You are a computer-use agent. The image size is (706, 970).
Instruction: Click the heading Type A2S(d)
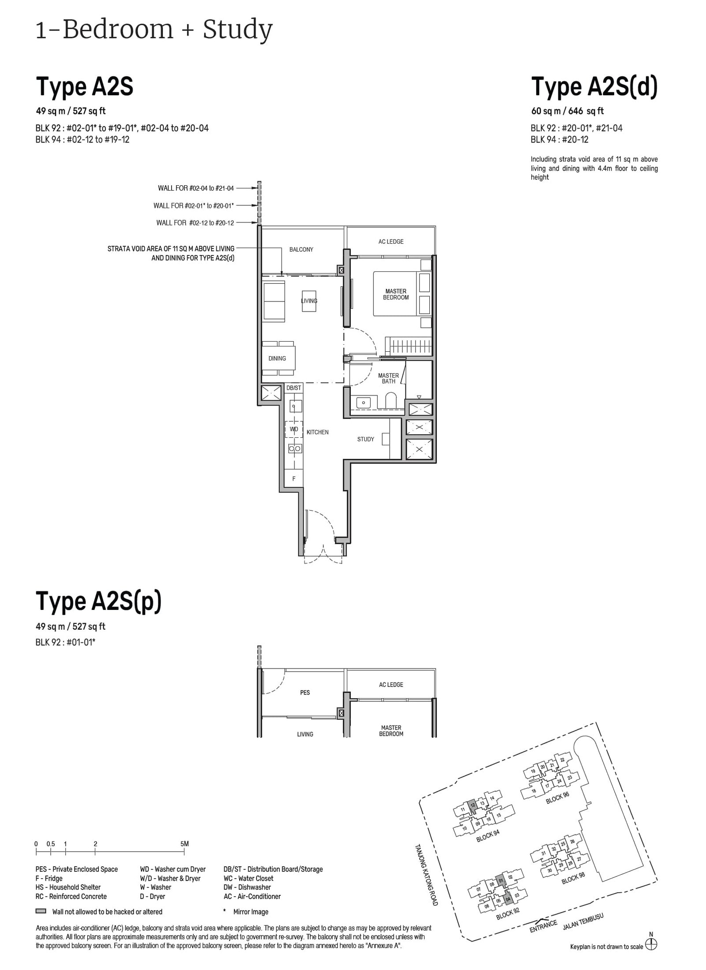tap(594, 86)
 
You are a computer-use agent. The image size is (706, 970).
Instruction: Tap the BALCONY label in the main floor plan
tap(301, 249)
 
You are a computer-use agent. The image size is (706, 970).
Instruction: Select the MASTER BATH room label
tap(388, 378)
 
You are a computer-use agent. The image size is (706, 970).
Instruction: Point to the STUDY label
tap(365, 439)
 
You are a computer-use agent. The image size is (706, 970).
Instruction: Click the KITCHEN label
tap(317, 432)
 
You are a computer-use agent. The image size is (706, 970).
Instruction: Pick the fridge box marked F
tap(294, 478)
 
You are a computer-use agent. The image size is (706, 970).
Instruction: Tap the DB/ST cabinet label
tap(293, 388)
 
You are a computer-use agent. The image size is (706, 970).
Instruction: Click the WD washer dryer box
tap(294, 429)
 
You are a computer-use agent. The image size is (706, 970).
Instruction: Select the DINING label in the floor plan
tap(277, 358)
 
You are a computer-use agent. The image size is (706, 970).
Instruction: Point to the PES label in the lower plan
tap(305, 692)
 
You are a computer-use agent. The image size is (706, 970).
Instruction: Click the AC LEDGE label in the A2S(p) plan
tap(391, 684)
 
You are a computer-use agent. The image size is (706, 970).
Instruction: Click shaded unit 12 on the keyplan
tap(473, 805)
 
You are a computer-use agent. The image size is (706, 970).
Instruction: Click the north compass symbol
tap(651, 944)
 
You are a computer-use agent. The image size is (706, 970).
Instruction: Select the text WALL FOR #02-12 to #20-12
tap(195, 223)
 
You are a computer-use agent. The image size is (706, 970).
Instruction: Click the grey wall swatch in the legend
tap(41, 911)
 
